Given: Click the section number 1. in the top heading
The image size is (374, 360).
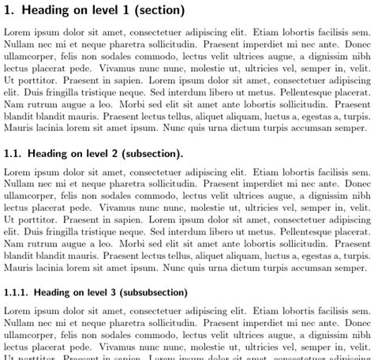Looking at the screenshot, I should [9, 11].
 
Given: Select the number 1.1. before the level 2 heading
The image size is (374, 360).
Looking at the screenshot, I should [13, 154].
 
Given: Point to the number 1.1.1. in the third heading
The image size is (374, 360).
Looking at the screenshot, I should [17, 271].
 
